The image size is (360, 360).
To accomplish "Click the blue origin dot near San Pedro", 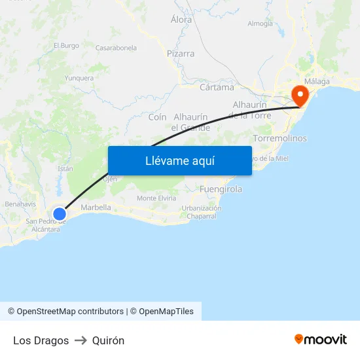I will click(x=60, y=213).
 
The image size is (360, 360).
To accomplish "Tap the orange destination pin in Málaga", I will click(x=300, y=96).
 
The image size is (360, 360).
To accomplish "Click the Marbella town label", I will click(x=96, y=207).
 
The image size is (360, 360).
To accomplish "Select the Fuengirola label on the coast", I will click(x=220, y=189).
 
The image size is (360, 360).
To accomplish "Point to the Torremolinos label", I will click(x=279, y=139).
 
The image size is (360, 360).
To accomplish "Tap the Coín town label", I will click(x=157, y=117).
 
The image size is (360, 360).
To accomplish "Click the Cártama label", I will click(x=216, y=87).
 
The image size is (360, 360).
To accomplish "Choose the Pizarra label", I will click(x=181, y=54).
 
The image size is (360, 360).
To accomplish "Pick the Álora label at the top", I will click(x=181, y=20).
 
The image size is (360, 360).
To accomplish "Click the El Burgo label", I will click(x=66, y=45).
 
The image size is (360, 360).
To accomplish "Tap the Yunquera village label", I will click(x=79, y=78).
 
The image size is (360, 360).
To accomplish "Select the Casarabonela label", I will click(x=116, y=48).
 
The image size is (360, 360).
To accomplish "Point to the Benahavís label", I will click(x=20, y=204).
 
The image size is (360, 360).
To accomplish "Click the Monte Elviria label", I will click(x=156, y=198).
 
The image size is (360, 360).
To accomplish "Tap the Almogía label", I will click(x=260, y=24).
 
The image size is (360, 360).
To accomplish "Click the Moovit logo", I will click(x=320, y=339).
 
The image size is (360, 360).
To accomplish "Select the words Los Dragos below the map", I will click(x=41, y=340).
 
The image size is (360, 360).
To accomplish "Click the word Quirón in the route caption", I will click(x=108, y=340).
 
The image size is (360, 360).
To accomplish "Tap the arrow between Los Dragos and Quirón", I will click(x=81, y=340).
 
